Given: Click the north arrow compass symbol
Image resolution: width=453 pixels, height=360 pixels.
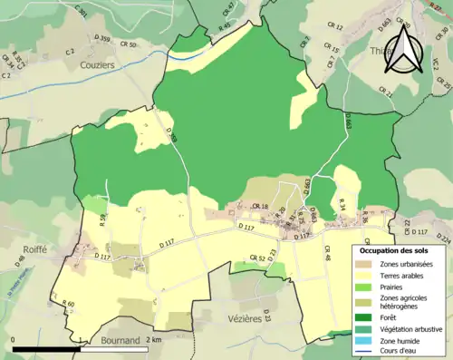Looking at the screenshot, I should (x=406, y=52).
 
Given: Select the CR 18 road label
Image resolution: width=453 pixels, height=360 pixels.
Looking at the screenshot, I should (x=261, y=208).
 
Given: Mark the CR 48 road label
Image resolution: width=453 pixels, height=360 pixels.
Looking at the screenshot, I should (x=328, y=258).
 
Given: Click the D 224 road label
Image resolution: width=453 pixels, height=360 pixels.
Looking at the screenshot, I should (x=444, y=238).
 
